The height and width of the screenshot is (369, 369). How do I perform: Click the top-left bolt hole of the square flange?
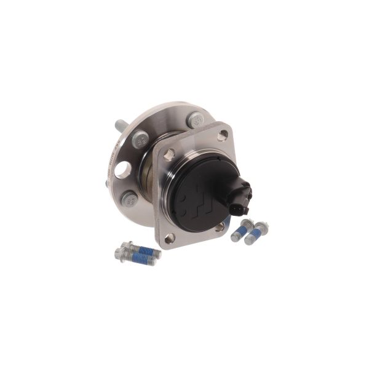169,154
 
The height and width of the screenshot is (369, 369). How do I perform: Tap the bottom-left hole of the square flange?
170,238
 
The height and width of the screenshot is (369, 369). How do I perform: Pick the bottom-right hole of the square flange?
220,227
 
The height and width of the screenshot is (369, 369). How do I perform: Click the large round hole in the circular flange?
122,170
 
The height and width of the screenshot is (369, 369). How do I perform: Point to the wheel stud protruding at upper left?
119,126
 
